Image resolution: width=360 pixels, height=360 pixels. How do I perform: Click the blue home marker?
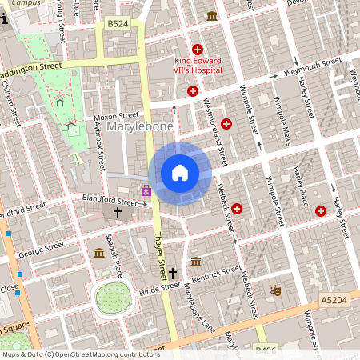[180, 172]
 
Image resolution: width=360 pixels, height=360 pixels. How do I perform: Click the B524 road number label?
[118, 24]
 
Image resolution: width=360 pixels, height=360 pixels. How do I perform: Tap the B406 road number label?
[266, 350]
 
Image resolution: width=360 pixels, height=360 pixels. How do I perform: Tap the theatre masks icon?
[276, 290]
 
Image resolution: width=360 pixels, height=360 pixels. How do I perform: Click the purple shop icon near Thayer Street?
[146, 190]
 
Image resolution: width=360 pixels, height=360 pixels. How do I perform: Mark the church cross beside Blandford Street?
[118, 213]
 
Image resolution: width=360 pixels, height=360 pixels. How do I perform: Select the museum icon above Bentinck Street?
[196, 261]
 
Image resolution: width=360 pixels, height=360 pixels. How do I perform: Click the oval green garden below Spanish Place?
[112, 298]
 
